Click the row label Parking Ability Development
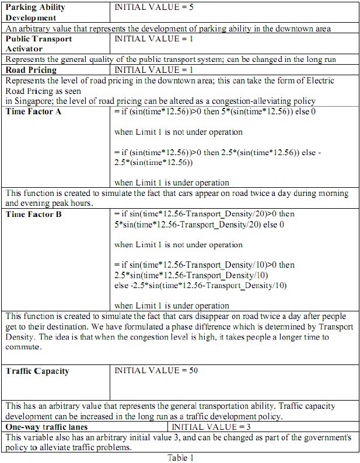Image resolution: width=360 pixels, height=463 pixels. click(35, 13)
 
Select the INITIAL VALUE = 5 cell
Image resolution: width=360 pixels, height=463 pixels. click(152, 8)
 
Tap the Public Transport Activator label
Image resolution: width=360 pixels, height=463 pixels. click(39, 43)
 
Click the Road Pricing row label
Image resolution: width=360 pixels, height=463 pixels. click(31, 69)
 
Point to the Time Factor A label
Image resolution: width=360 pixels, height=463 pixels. click(33, 111)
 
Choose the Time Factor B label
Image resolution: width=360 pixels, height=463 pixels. click(33, 214)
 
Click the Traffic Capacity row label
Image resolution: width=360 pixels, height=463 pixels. click(37, 370)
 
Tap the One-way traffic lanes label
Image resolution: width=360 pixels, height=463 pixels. click(46, 427)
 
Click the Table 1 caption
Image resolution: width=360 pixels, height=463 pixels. click(180, 458)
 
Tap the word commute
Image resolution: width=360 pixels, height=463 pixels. click(23, 348)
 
